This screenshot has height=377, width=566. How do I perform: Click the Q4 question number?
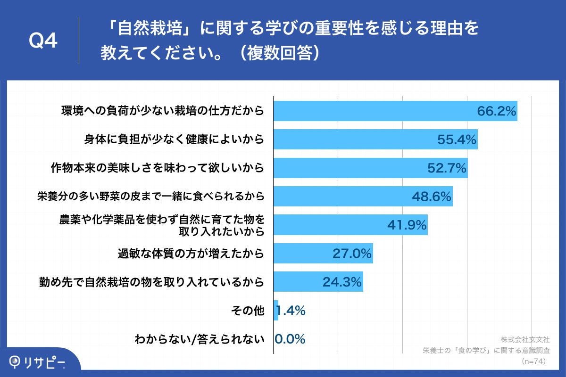[x=43, y=41]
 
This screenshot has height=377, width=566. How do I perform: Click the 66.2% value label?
[x=496, y=112]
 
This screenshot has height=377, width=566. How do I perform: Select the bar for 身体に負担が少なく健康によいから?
[x=375, y=139]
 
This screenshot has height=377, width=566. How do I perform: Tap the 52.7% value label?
[x=447, y=168]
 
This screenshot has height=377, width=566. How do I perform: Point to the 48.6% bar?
[x=363, y=197]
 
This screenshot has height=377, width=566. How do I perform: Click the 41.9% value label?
[x=407, y=225]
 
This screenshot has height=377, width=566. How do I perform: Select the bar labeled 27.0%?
[x=323, y=254]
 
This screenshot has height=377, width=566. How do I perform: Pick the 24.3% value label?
[x=342, y=282]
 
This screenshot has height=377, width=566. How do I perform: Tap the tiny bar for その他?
[x=276, y=310]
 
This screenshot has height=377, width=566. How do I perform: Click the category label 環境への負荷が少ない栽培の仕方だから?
[x=162, y=111]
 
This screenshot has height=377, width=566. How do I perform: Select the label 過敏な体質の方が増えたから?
[x=190, y=254]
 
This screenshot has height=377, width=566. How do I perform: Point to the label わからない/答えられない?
[x=200, y=339]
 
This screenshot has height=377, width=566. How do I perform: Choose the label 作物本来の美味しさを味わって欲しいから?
[x=157, y=168]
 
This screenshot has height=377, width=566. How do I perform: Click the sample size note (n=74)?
[x=534, y=361]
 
